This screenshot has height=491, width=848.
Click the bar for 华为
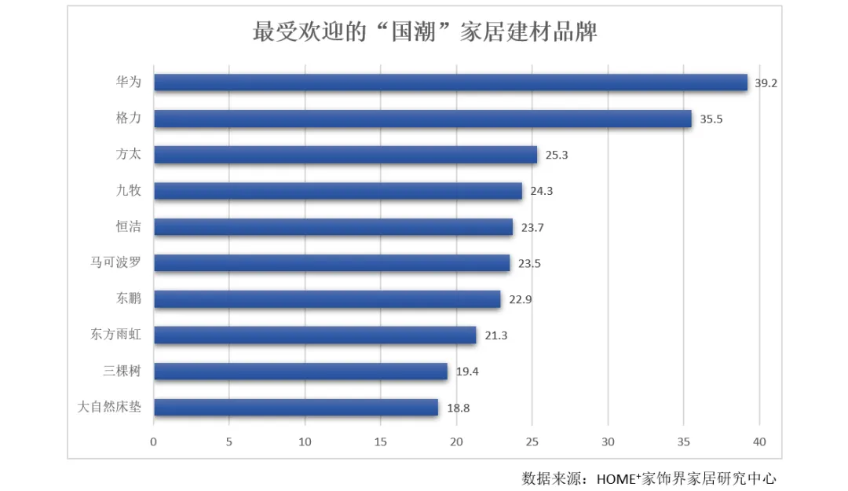click(x=450, y=82)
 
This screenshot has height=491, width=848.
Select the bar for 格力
click(x=422, y=119)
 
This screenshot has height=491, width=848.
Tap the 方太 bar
click(x=345, y=155)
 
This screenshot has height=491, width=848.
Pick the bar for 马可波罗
click(x=331, y=263)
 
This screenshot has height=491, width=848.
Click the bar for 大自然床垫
click(x=295, y=407)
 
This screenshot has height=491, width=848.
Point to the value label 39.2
click(x=766, y=82)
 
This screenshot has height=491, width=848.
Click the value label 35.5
click(x=711, y=119)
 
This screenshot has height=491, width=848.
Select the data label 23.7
click(x=532, y=228)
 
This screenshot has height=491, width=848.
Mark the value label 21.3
click(x=496, y=335)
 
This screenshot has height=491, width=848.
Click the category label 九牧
click(x=128, y=190)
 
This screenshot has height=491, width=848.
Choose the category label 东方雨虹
click(x=115, y=335)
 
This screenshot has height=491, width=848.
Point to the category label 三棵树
click(x=122, y=371)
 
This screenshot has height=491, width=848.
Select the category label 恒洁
click(x=128, y=227)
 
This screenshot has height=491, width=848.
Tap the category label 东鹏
click(x=128, y=299)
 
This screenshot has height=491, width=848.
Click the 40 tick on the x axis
click(x=759, y=442)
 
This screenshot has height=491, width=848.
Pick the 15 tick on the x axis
click(x=381, y=442)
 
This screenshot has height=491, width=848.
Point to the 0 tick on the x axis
click(x=154, y=442)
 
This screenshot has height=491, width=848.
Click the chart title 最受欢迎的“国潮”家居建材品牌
click(x=425, y=32)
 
